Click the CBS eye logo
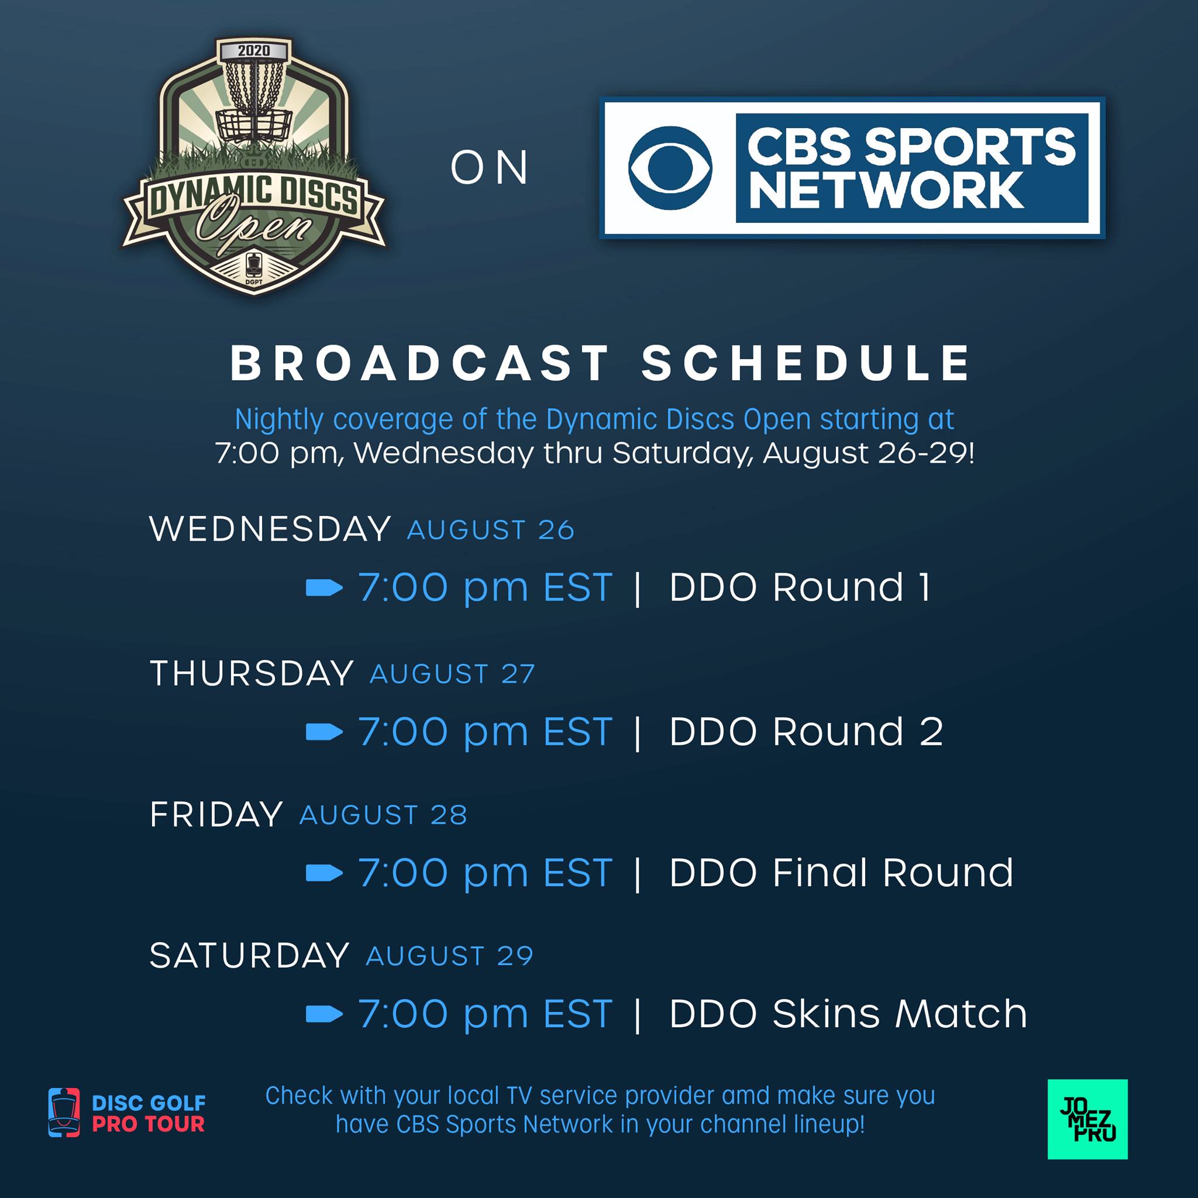tap(670, 167)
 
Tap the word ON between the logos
tap(489, 168)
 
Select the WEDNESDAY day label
tap(270, 529)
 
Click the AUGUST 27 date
tap(452, 674)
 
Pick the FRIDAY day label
tap(216, 814)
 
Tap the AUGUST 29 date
tap(450, 956)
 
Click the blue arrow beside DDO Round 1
tap(324, 587)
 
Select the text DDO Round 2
tap(806, 731)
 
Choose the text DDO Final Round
tap(841, 872)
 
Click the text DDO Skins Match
tap(848, 1013)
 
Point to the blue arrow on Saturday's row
tap(324, 1014)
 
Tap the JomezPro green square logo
tap(1087, 1119)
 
